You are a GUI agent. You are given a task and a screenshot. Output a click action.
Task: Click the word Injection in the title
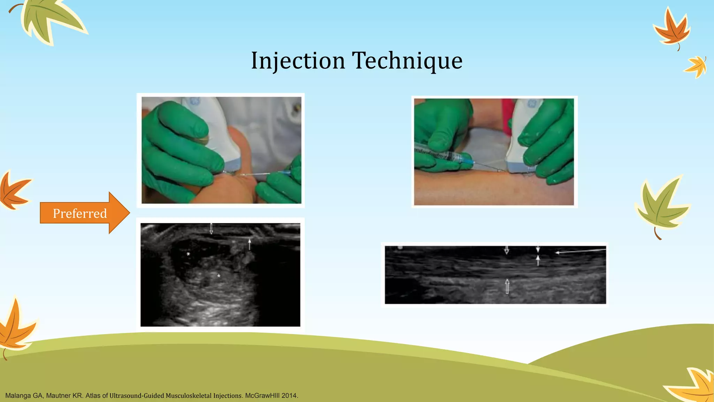[x=298, y=61]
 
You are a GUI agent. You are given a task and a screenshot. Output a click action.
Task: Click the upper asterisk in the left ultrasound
[x=188, y=254]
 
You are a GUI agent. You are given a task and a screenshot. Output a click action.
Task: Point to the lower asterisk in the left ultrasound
[x=219, y=276]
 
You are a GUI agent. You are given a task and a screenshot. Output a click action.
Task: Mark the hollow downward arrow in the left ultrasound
[x=211, y=229]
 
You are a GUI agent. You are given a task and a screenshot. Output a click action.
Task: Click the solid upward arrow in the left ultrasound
[x=249, y=244]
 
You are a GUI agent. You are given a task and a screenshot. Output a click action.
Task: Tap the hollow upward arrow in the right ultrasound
[x=507, y=287]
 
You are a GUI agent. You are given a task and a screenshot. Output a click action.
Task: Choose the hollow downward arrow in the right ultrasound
[x=507, y=250]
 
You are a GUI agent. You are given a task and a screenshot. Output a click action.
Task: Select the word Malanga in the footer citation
[x=18, y=396]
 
